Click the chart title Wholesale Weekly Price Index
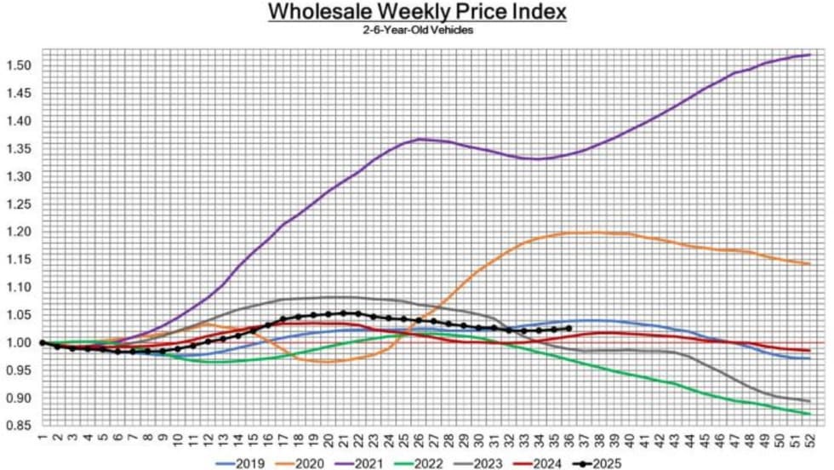click(x=416, y=12)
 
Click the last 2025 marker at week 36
click(x=568, y=329)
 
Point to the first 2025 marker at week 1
click(x=42, y=342)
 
